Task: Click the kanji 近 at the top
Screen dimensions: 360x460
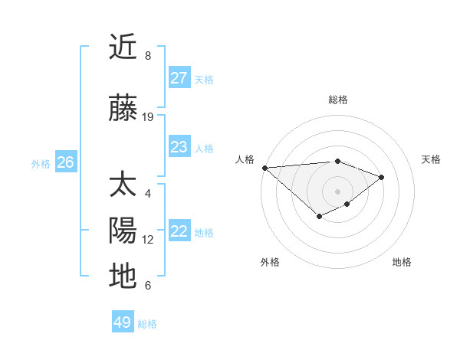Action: (123, 47)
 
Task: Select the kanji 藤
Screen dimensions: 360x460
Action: (123, 109)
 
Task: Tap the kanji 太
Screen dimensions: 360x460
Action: (123, 186)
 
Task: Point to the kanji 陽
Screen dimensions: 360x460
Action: (123, 231)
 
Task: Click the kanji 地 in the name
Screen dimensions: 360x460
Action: (123, 276)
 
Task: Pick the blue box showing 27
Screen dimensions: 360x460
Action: (179, 78)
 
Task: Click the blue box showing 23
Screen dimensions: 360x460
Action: (179, 147)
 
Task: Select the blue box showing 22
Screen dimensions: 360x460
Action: (179, 231)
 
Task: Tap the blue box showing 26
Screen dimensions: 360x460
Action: (65, 162)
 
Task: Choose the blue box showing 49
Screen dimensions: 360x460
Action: (123, 322)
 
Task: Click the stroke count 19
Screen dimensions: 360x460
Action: (148, 116)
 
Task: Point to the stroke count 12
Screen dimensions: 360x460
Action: (148, 239)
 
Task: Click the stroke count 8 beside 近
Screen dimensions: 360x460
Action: (148, 55)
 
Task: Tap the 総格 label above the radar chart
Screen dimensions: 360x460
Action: (337, 100)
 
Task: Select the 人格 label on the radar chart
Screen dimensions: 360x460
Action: (245, 159)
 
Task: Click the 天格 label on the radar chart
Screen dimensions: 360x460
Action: (431, 159)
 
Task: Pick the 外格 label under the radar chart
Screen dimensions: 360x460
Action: (270, 262)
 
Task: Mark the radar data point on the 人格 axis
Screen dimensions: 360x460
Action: (264, 168)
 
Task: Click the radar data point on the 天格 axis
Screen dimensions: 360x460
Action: (381, 177)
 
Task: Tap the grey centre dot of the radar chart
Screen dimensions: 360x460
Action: (337, 191)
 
